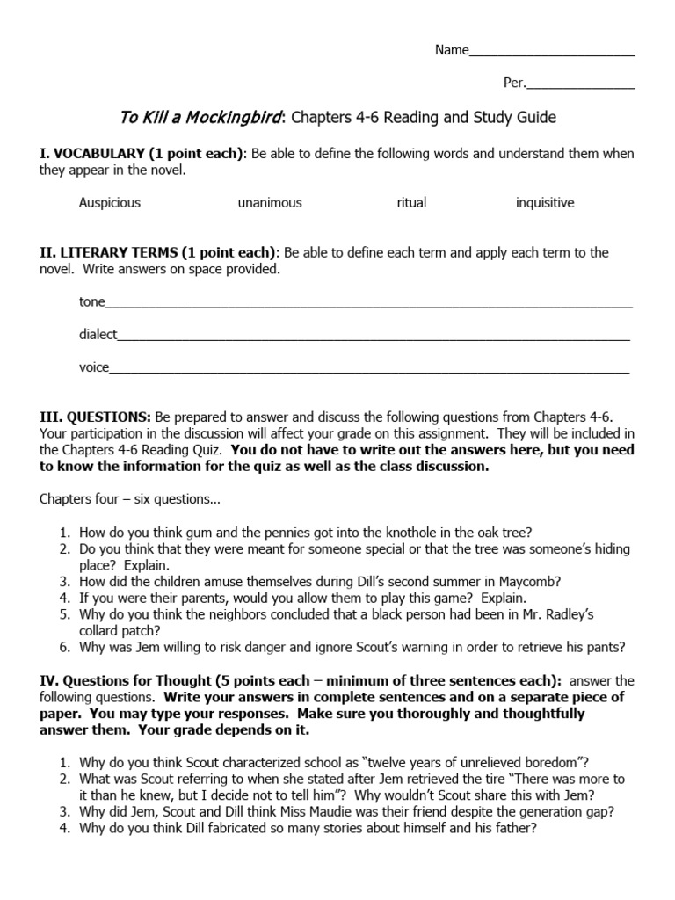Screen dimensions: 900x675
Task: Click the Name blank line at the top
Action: pos(552,52)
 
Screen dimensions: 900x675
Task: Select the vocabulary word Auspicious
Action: pos(110,203)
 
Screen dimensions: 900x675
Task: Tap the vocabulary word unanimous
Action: pos(270,203)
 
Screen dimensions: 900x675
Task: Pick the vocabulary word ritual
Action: pos(411,203)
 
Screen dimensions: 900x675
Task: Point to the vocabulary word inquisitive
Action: pos(545,203)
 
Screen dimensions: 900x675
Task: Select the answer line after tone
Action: pos(369,303)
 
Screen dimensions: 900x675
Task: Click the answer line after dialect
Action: pos(374,336)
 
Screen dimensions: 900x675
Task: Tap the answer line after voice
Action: pos(369,369)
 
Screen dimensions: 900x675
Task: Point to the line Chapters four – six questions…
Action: pos(129,499)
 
